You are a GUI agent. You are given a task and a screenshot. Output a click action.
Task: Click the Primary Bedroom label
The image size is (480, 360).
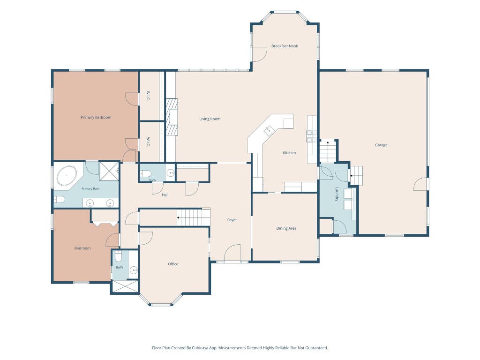tap(96, 117)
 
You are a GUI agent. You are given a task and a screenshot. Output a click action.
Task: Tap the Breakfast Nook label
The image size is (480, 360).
tap(285, 46)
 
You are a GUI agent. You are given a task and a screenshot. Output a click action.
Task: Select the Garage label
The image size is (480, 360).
tap(381, 145)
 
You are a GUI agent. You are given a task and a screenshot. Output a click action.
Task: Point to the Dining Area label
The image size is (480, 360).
tap(286, 228)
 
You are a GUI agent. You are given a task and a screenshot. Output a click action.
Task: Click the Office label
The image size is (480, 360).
tap(173, 264)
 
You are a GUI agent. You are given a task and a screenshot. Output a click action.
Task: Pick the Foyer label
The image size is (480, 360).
tap(232, 220)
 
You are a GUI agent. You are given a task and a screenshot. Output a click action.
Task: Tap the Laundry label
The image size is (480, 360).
tap(337, 195)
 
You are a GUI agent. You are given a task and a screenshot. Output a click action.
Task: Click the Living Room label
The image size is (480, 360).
tap(210, 119)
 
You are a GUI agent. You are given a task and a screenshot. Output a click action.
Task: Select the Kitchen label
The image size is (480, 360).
tap(289, 152)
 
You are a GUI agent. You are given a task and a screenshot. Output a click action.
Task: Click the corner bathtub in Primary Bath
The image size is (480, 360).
tap(67, 176)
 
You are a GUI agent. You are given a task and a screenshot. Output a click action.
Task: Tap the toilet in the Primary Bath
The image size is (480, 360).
tap(60, 200)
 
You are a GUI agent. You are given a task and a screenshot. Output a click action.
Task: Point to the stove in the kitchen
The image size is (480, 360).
tap(311, 136)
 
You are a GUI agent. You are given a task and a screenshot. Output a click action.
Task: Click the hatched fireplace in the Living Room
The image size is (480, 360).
tap(172, 117)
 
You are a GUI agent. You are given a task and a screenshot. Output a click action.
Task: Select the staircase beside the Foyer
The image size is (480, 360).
tap(194, 217)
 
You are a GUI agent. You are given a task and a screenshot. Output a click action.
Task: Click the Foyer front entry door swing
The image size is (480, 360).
tap(232, 253)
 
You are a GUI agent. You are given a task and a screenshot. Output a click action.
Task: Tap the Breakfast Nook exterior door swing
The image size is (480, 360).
tap(259, 54)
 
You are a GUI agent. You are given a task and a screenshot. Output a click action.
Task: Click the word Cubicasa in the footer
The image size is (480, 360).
tap(200, 348)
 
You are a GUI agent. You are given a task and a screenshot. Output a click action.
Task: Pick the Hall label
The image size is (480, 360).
tap(165, 195)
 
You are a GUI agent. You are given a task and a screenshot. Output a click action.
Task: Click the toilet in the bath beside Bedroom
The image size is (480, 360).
tap(119, 256)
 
